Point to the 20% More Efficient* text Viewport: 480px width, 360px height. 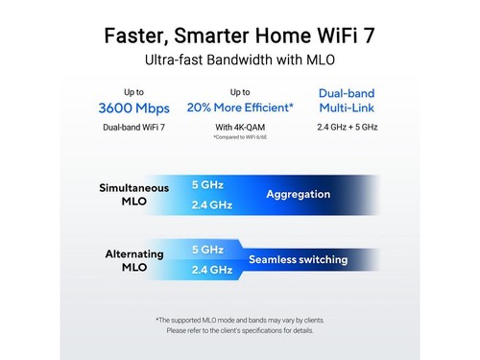(240, 108)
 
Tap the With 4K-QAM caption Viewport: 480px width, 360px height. (240, 127)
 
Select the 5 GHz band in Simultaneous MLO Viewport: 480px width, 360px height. (208, 184)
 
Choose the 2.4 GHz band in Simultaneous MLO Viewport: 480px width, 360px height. (212, 204)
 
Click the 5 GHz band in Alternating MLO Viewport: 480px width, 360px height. (208, 250)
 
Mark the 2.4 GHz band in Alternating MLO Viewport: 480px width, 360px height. (212, 270)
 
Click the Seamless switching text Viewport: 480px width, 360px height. (298, 259)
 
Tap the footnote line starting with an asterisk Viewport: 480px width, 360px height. (240, 319)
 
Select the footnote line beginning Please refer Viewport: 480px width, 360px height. (240, 330)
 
